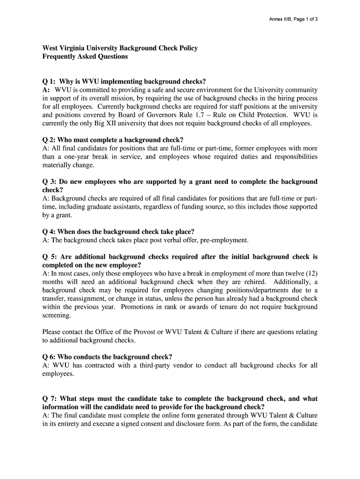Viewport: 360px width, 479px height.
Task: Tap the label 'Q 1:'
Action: point(50,81)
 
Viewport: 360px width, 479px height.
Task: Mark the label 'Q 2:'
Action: point(50,140)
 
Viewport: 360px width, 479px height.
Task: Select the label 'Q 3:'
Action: point(50,182)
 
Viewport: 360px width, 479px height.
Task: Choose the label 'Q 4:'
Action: point(50,232)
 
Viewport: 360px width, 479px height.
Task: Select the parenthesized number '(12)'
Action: point(311,274)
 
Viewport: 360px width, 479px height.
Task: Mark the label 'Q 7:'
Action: point(50,399)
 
